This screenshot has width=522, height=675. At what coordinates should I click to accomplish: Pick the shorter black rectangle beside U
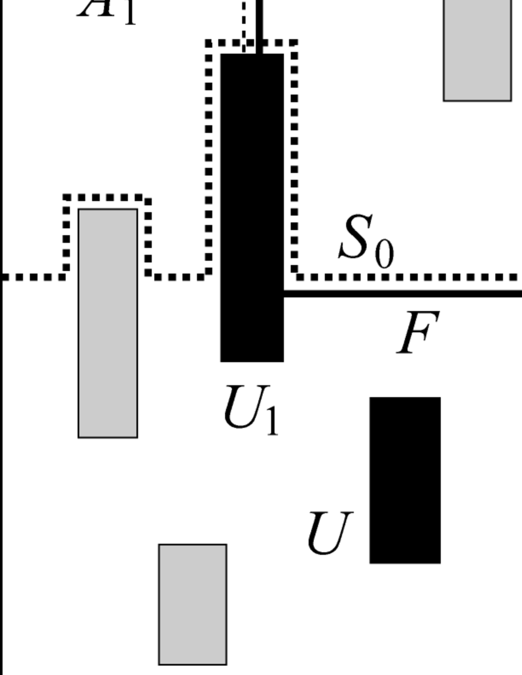pyautogui.click(x=405, y=480)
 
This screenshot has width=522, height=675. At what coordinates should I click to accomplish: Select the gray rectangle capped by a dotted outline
pyautogui.click(x=107, y=323)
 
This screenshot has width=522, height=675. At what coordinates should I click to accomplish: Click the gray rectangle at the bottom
pyautogui.click(x=193, y=604)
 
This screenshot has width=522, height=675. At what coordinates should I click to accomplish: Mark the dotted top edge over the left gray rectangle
pyautogui.click(x=107, y=198)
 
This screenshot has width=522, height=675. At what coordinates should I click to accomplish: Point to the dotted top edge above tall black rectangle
pyautogui.click(x=252, y=43)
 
